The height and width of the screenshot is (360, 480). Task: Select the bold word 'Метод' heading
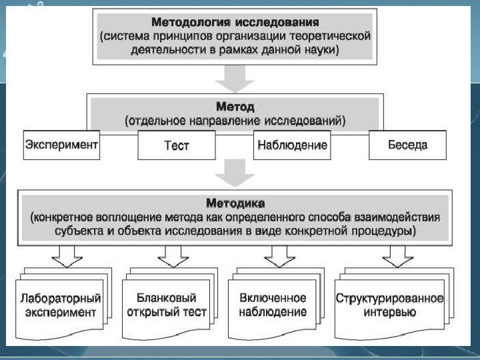(235, 107)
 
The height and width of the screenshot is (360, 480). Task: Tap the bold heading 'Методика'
(235, 203)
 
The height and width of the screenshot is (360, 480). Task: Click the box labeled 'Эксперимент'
(61, 145)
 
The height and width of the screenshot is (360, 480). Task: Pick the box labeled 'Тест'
(177, 145)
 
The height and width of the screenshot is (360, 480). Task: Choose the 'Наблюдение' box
(292, 145)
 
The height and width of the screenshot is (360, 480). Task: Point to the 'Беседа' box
(407, 145)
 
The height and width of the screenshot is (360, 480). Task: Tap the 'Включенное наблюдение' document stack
(276, 305)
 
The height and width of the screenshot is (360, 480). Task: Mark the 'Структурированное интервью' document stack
(389, 305)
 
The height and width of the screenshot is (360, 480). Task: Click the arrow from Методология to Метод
(235, 79)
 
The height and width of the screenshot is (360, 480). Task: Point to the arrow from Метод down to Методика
(235, 173)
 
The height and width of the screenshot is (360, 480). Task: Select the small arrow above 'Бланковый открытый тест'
(171, 255)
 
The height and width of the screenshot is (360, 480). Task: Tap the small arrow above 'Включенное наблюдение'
(279, 255)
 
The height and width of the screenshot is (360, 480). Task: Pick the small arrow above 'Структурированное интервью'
(397, 255)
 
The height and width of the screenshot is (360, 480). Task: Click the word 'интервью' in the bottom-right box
(389, 313)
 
